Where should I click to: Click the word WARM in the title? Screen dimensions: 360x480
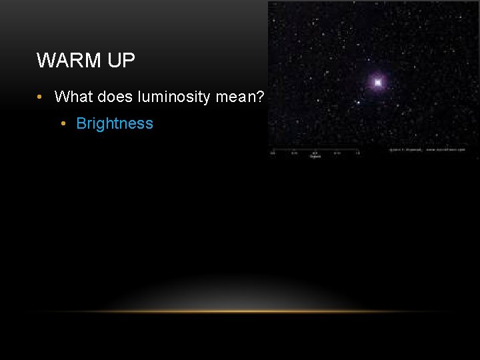[67, 61]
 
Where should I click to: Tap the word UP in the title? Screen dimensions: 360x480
[121, 61]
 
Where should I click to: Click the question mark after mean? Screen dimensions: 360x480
[261, 97]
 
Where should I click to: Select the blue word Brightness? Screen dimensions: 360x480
[115, 124]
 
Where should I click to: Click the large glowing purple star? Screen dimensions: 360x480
[378, 83]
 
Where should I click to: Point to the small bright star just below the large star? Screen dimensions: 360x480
[359, 103]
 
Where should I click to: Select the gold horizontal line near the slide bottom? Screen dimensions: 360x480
[240, 311]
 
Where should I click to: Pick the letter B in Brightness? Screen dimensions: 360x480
[81, 124]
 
